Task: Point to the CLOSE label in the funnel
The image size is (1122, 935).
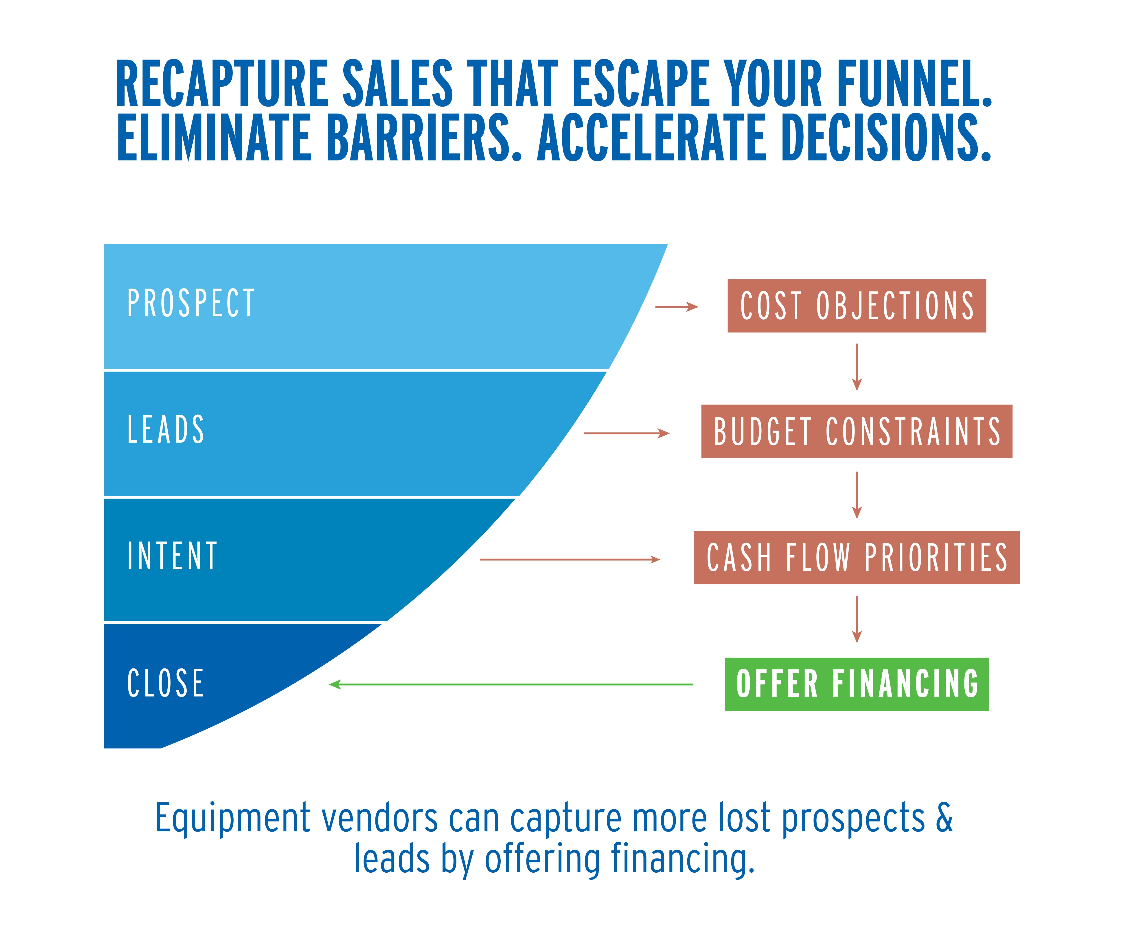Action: coord(166,683)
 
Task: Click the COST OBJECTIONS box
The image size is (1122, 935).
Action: coord(857,306)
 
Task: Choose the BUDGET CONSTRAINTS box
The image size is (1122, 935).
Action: coord(857,431)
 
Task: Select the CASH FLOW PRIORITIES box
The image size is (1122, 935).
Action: coord(857,557)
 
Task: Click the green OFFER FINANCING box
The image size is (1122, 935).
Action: coord(857,684)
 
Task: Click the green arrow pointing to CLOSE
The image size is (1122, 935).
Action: coord(511,684)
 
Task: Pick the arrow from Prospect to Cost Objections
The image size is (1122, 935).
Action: coord(676,307)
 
